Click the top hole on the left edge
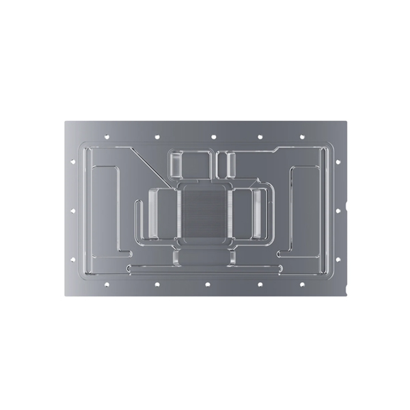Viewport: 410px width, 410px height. point(72,162)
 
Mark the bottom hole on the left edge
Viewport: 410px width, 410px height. point(72,259)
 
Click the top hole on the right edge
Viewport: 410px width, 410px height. point(338,162)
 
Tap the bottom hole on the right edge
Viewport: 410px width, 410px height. point(338,259)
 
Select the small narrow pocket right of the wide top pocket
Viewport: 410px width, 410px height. point(225,163)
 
